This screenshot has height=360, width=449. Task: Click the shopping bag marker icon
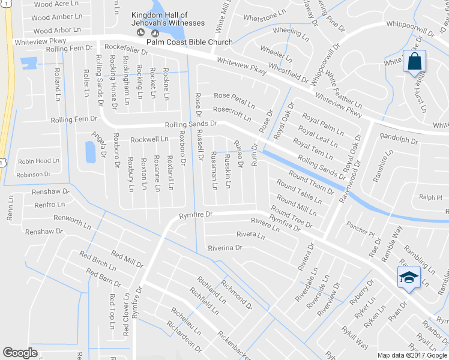tap(415, 61)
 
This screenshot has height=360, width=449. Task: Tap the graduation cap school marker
tap(408, 277)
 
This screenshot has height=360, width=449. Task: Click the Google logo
tap(20, 353)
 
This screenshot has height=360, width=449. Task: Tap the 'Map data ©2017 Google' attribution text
tap(412, 355)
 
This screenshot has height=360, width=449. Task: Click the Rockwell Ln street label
tap(149, 139)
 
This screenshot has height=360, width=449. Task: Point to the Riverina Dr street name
tap(224, 247)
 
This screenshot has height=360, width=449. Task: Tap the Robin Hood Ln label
tap(38, 161)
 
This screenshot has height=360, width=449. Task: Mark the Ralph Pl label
tap(430, 197)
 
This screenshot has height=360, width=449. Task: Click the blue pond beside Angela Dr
tap(91, 152)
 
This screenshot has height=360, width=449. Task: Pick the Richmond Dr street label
tap(236, 292)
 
